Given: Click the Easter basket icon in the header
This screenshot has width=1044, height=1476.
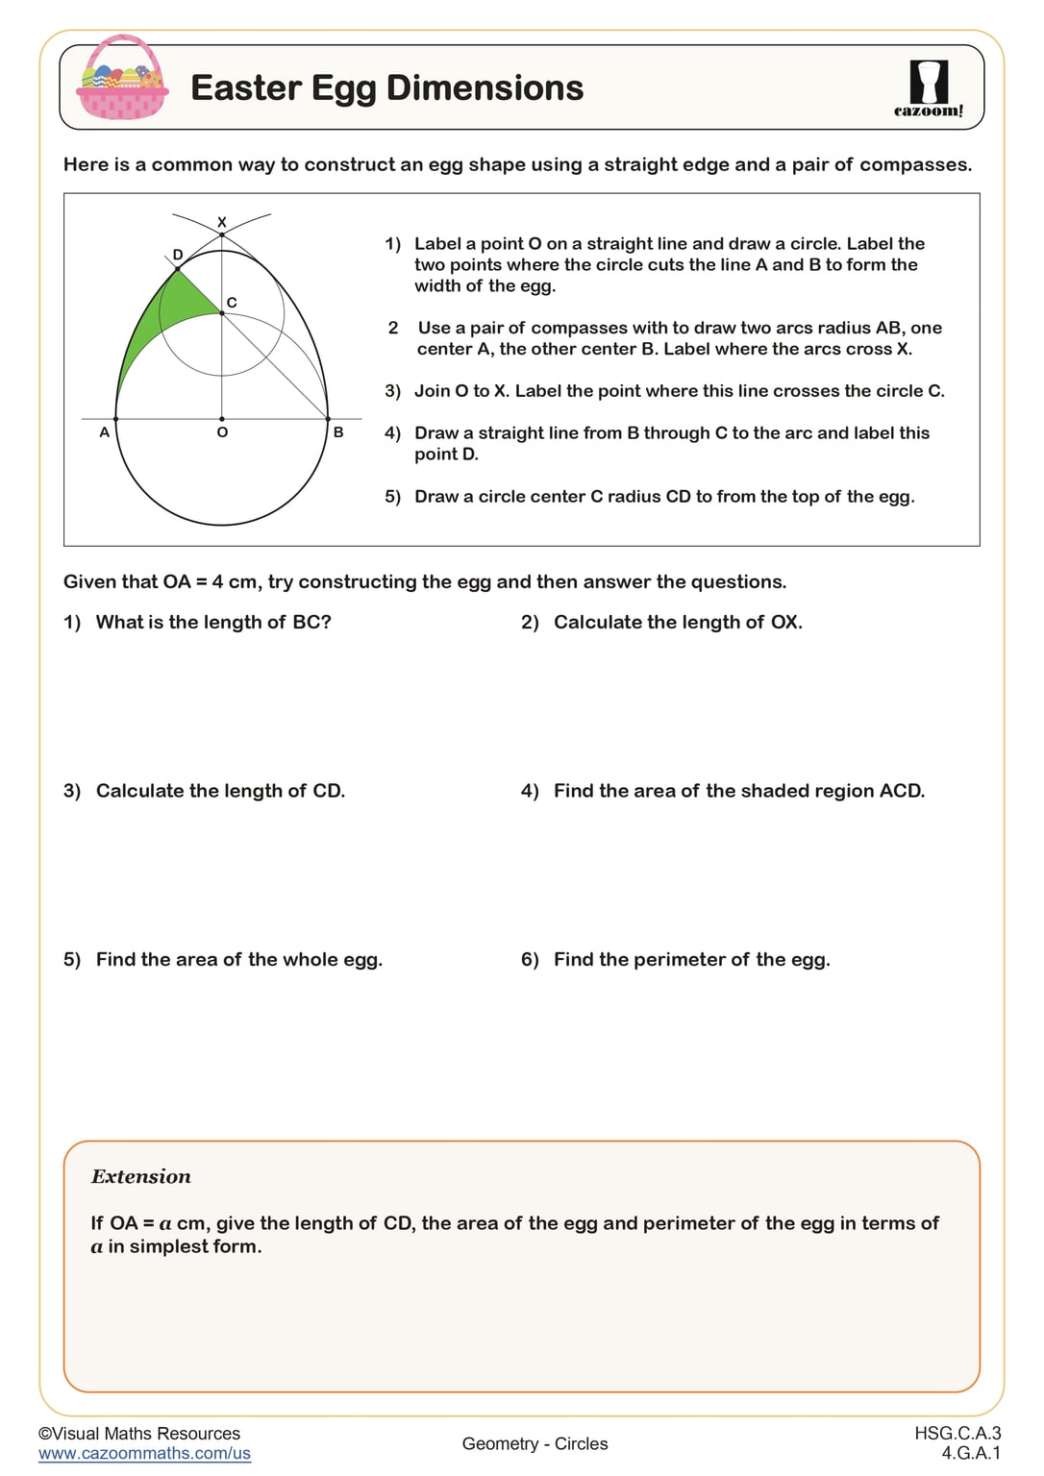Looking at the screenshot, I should point(123,79).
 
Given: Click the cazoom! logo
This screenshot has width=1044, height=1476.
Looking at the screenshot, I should point(928,88).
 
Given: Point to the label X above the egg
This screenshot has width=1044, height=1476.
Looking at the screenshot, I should point(222,222).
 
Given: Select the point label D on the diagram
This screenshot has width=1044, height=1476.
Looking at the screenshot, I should point(178,255).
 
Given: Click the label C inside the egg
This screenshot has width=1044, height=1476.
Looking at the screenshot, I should point(232,303).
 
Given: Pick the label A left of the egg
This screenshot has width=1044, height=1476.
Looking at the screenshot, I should point(105,432).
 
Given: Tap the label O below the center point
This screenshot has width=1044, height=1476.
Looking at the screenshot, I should point(222,433).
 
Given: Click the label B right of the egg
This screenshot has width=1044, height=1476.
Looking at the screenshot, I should point(338,432).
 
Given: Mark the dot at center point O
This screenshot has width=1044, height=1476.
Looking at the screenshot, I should point(222,419).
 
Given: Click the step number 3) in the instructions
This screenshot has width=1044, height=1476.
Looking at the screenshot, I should point(392,391).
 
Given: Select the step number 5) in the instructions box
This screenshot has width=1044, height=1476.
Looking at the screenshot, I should point(392,497).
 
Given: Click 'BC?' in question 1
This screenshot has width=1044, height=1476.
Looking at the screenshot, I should point(311,623).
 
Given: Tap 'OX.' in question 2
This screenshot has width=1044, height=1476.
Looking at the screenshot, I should point(786,623).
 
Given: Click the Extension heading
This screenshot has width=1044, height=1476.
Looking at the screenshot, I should point(141,1177).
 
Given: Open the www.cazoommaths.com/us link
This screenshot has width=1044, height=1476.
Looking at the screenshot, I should point(144,1454).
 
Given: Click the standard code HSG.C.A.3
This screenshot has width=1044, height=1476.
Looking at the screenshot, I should point(957,1434).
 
